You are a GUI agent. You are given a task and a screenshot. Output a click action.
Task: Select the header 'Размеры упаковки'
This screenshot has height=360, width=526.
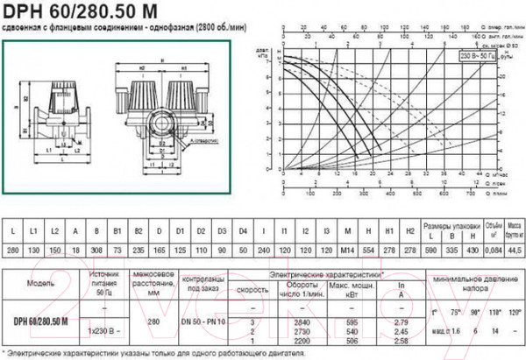[x=447, y=223]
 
